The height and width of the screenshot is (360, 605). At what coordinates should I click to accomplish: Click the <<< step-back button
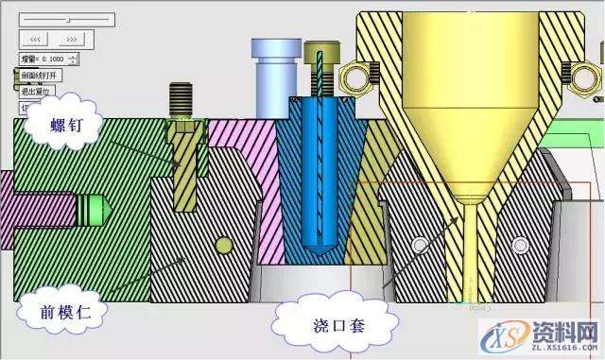pyautogui.click(x=33, y=39)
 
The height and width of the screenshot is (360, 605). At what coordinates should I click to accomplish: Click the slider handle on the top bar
pyautogui.click(x=67, y=19)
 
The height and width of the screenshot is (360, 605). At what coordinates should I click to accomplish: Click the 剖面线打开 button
pyautogui.click(x=39, y=75)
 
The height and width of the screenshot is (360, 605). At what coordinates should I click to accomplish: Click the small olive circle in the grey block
pyautogui.click(x=223, y=247)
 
